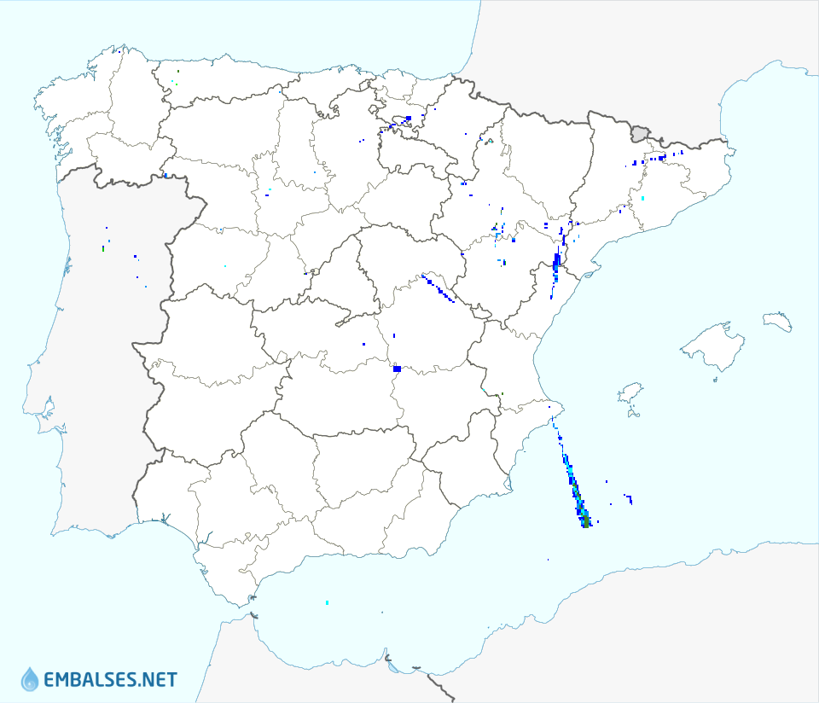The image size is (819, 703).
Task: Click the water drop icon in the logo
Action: click(x=30, y=679)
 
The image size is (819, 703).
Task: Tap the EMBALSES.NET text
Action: click(x=110, y=680)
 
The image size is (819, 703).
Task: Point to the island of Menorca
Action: click(x=777, y=321)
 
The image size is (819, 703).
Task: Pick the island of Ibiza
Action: click(x=630, y=393)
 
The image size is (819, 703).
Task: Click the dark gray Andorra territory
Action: click(x=640, y=133)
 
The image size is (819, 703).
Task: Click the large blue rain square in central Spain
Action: click(x=397, y=369)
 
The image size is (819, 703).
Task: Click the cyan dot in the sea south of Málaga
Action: click(x=328, y=603)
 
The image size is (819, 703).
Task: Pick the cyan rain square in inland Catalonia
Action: click(x=642, y=199)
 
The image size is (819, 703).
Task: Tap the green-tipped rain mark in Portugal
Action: click(x=103, y=248)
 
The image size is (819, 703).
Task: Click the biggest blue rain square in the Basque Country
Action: click(x=409, y=118)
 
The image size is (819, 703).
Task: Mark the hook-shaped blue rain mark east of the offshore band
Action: click(x=629, y=497)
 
